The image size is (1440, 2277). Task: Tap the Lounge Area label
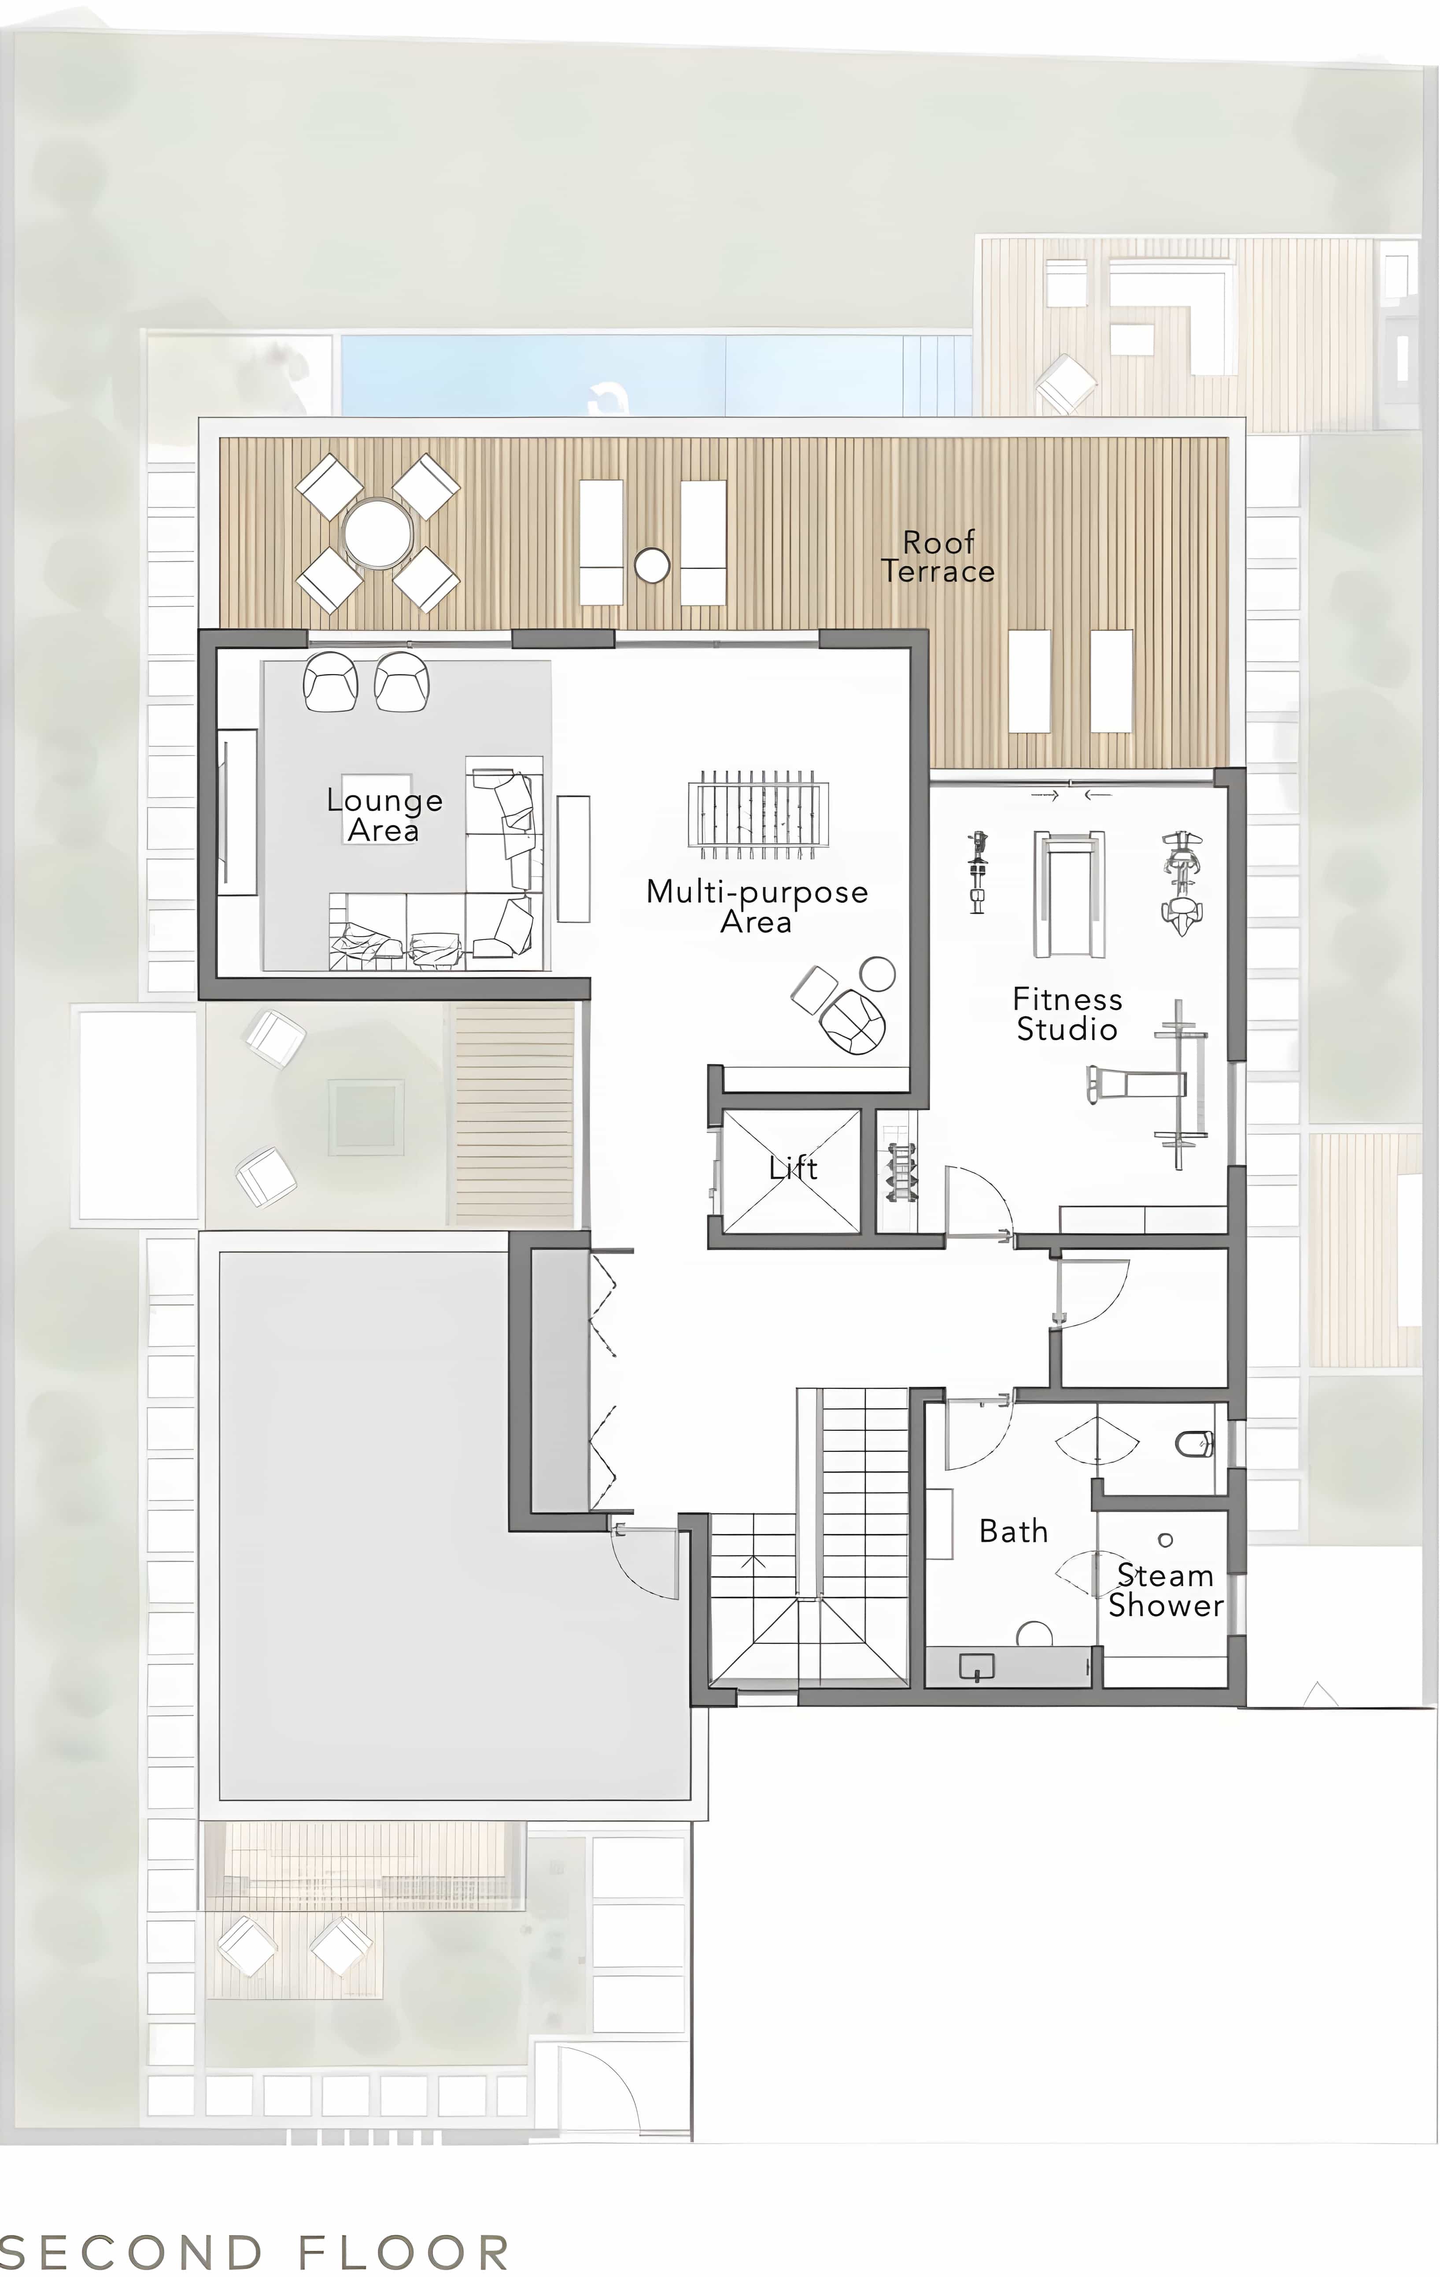tap(384, 815)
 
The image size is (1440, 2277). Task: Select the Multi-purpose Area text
tap(757, 906)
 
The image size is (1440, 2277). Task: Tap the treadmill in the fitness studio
tap(1068, 895)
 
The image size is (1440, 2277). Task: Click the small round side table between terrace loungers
tap(651, 566)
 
